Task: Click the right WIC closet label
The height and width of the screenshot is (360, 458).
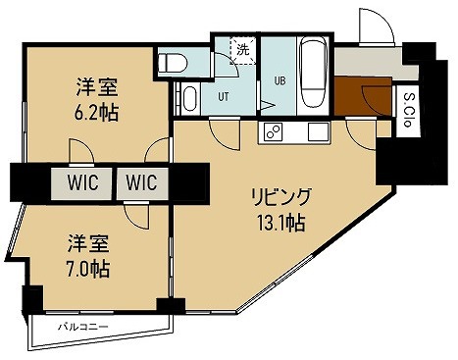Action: click(142, 181)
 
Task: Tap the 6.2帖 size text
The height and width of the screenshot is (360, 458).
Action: click(98, 113)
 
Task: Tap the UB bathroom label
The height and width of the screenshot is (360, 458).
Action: click(279, 81)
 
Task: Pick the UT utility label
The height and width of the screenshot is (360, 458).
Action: click(224, 97)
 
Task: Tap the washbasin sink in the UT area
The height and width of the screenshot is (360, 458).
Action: click(189, 98)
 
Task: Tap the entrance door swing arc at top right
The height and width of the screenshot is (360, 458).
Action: click(376, 25)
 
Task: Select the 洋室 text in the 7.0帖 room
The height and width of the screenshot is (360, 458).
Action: click(88, 241)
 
